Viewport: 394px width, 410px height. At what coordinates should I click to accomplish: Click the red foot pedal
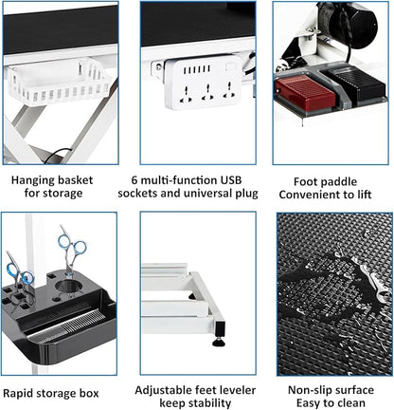pyautogui.click(x=305, y=93)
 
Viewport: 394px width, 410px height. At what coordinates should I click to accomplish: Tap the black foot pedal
pyautogui.click(x=355, y=84)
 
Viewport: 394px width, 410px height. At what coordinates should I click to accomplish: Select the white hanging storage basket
pyautogui.click(x=60, y=81)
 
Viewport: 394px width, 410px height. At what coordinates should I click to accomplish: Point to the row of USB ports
pyautogui.click(x=197, y=69)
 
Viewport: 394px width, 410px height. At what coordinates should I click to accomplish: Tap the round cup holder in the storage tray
pyautogui.click(x=68, y=288)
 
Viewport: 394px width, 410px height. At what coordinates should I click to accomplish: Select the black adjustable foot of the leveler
pyautogui.click(x=219, y=342)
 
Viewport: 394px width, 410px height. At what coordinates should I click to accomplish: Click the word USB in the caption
pyautogui.click(x=231, y=180)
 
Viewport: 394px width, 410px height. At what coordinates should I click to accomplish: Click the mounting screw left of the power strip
pyautogui.click(x=158, y=67)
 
